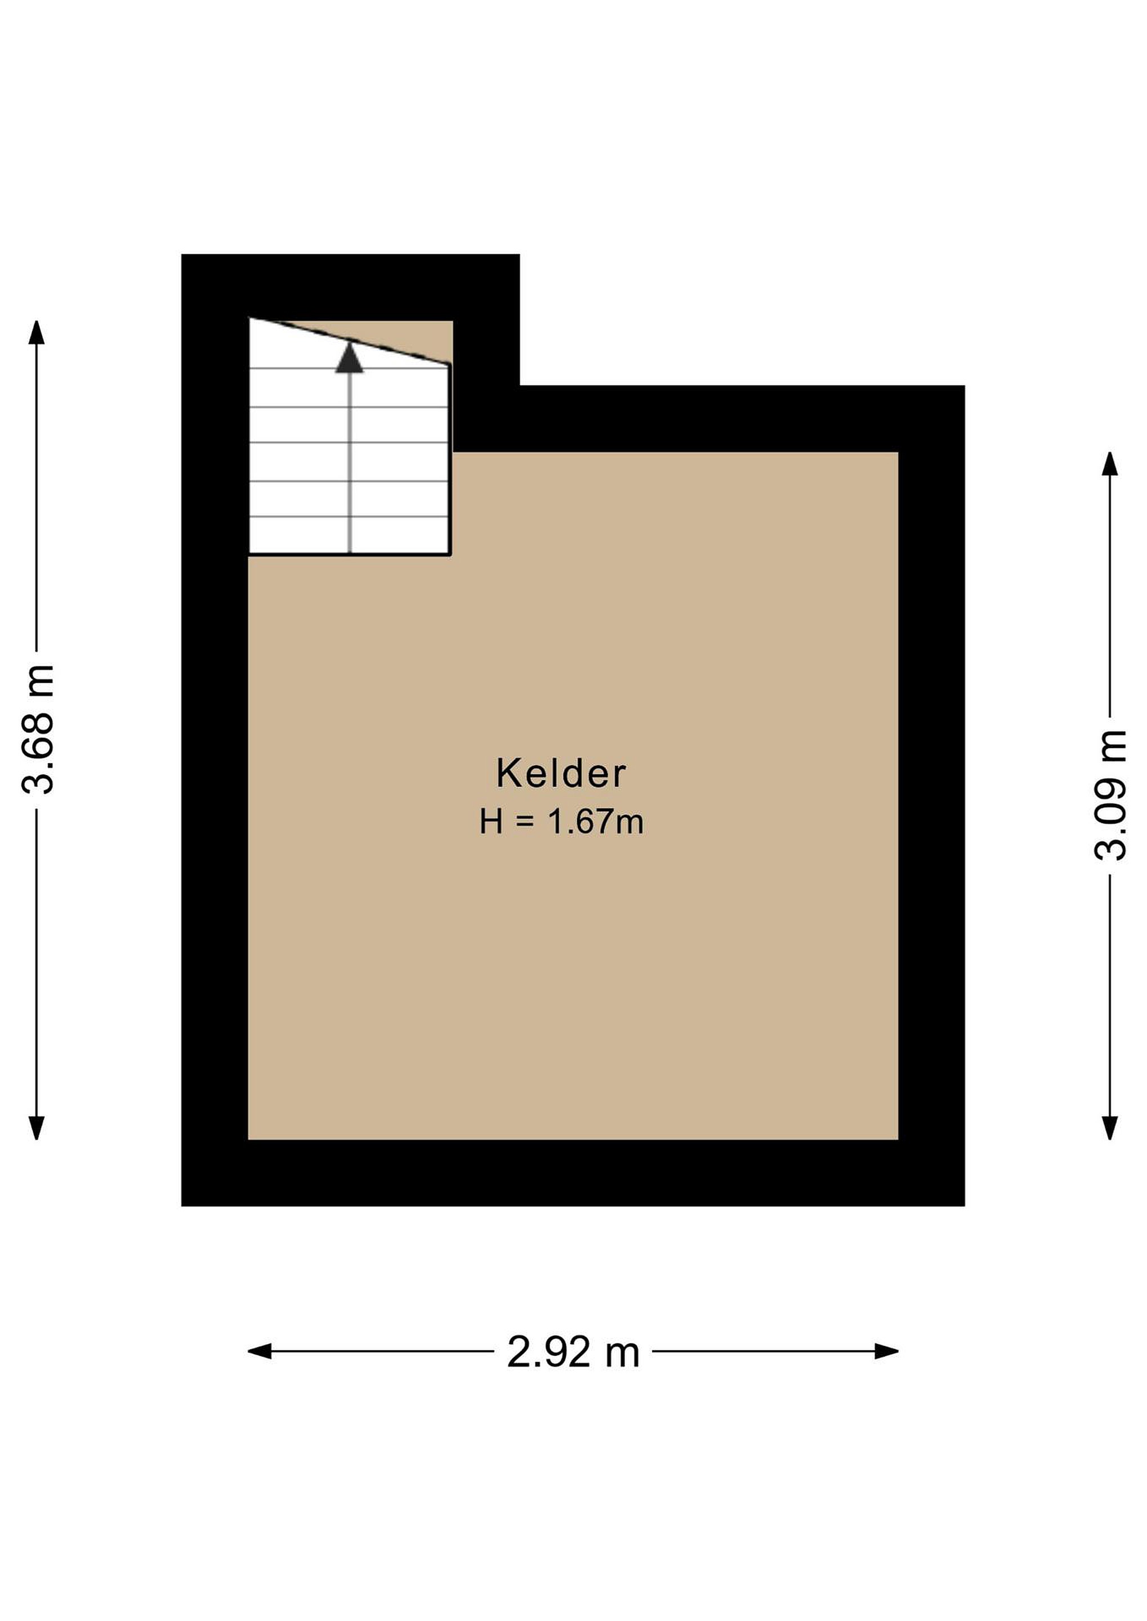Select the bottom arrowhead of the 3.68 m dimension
[36, 1127]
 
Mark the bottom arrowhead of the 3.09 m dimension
[1110, 1127]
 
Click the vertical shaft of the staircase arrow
[350, 463]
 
